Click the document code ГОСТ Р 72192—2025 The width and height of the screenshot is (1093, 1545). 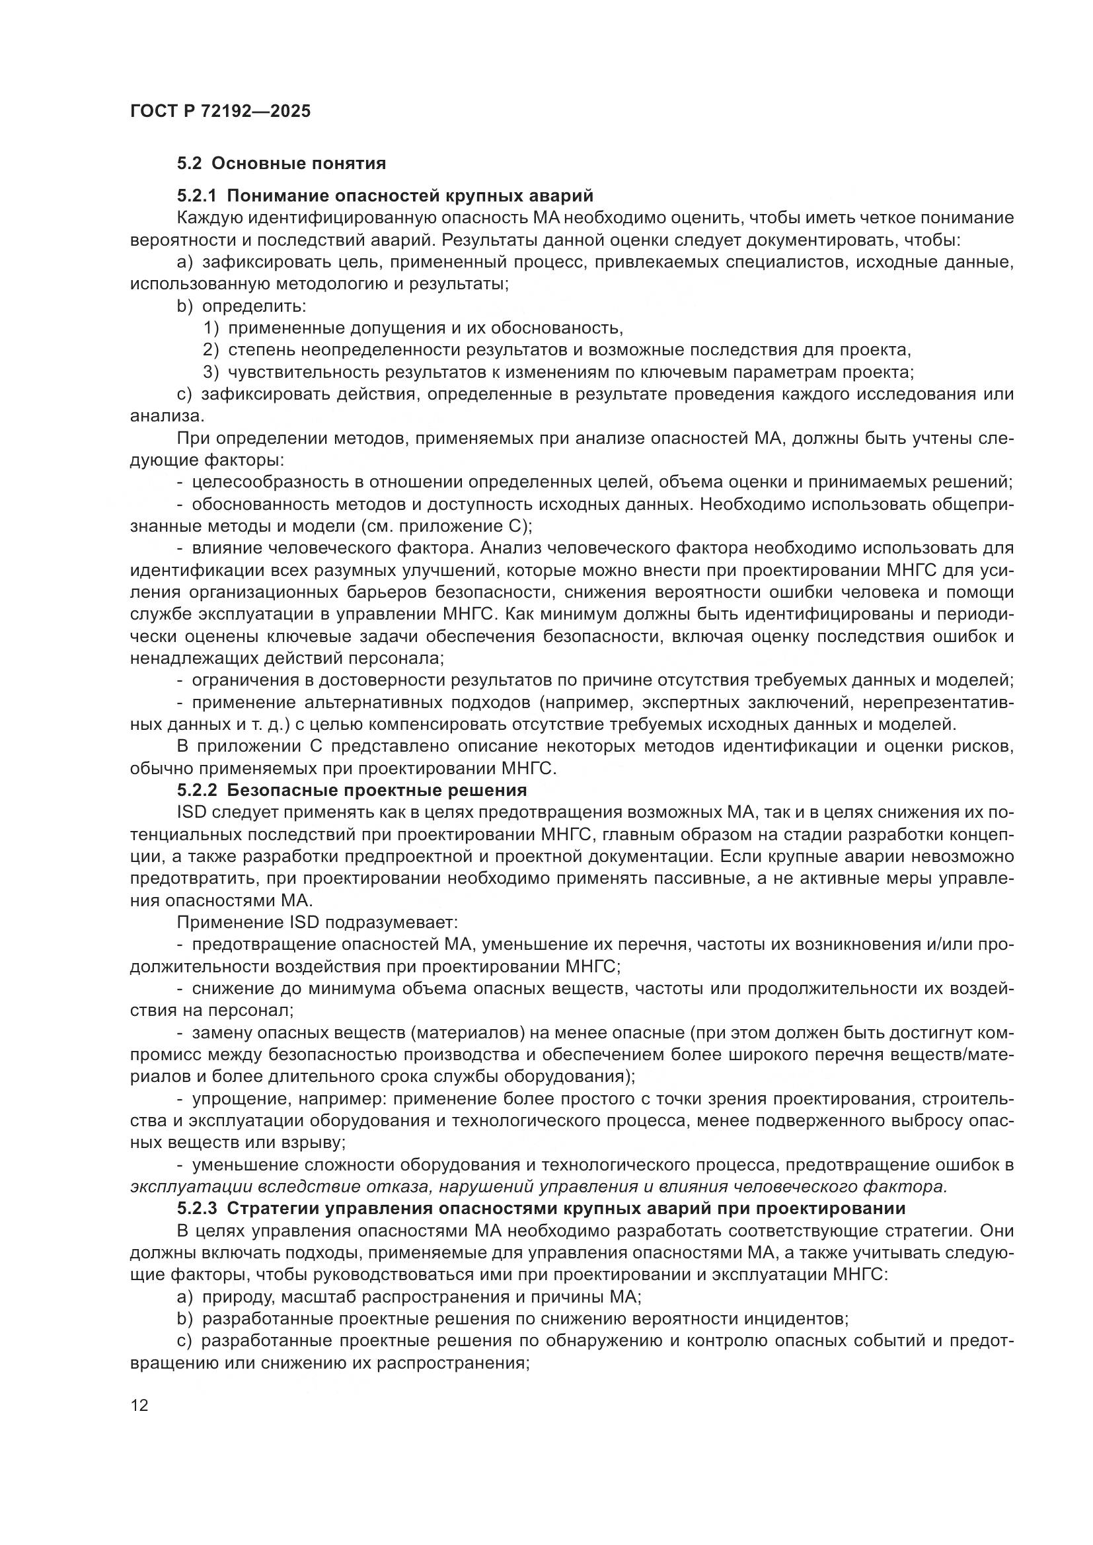click(220, 111)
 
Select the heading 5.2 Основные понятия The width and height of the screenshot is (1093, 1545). click(281, 164)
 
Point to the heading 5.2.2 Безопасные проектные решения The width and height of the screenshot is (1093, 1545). click(352, 789)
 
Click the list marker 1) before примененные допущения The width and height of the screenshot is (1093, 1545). click(211, 328)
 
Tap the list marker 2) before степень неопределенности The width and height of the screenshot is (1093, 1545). click(211, 350)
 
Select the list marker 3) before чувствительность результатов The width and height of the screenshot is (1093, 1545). click(211, 372)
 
